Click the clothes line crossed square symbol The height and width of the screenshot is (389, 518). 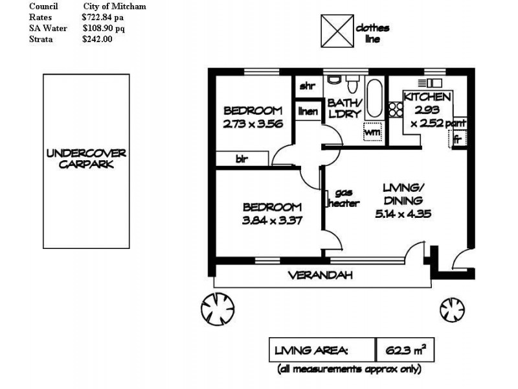[337, 30]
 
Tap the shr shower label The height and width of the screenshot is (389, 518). [307, 86]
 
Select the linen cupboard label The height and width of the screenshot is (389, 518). [308, 111]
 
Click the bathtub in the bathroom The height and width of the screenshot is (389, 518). [375, 99]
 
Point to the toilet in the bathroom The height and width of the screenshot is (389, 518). [352, 84]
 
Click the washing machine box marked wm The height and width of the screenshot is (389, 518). [372, 132]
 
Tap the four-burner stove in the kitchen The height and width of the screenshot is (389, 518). [396, 110]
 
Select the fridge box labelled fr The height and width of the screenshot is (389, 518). [458, 139]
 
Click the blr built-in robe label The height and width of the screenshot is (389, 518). [242, 159]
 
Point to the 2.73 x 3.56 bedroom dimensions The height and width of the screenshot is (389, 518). [253, 124]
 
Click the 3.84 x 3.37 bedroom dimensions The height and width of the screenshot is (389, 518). [272, 220]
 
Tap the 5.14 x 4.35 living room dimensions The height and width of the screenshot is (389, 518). [403, 214]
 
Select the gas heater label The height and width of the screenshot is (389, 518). [344, 198]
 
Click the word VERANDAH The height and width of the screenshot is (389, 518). [321, 275]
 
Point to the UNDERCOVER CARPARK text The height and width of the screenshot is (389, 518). [86, 159]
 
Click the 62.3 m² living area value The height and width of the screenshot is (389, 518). [406, 349]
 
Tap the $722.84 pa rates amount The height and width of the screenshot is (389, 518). [103, 18]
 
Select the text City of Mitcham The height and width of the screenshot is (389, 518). [115, 6]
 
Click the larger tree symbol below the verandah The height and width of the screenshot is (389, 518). [218, 309]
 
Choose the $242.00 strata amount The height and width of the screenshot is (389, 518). [98, 39]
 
